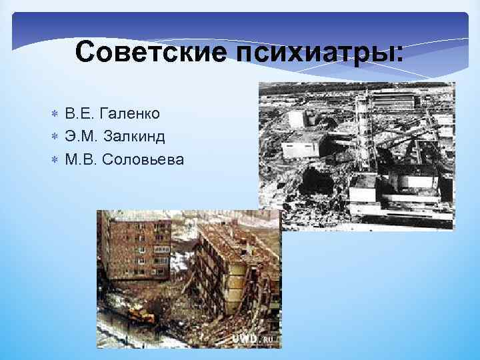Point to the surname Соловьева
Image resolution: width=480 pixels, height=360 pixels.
click(146, 159)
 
